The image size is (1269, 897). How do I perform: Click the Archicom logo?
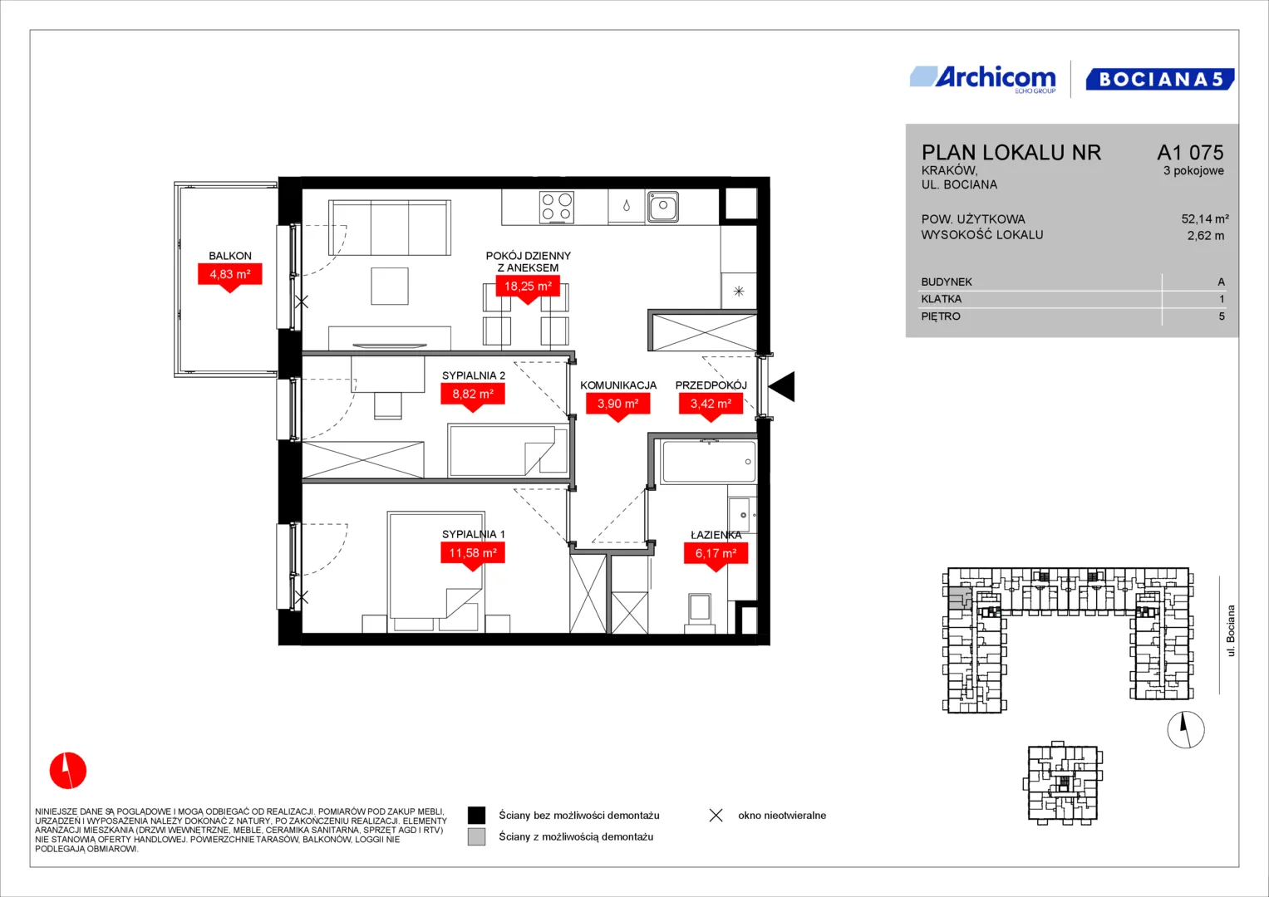point(982,79)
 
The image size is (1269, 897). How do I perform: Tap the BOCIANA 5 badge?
point(1160,79)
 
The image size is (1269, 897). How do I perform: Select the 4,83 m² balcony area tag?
point(230,277)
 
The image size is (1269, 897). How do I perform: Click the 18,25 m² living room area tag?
point(528,289)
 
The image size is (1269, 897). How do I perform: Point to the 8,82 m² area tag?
point(473,397)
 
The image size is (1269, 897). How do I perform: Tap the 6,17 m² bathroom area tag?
point(716,556)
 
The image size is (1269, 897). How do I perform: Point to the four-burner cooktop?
point(556,207)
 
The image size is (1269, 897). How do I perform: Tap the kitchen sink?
point(663,207)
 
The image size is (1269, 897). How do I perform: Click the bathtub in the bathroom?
point(709,462)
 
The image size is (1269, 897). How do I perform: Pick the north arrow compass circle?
point(1186,730)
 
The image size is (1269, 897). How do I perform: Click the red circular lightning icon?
point(68,771)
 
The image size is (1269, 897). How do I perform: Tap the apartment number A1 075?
point(1190,152)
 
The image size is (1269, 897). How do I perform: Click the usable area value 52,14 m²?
point(1205,218)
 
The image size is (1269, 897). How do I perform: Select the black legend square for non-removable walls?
point(476,816)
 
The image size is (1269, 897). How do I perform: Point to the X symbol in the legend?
point(716,816)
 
